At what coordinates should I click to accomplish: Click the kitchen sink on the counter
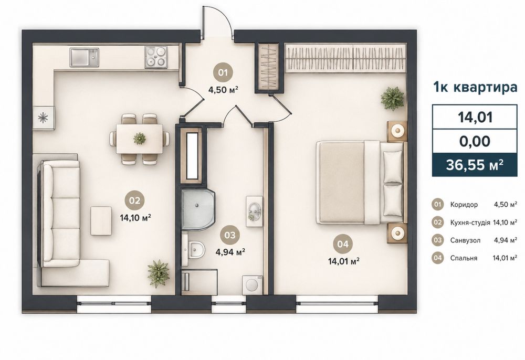[x=85, y=57]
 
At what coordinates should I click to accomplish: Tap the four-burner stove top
[x=156, y=57]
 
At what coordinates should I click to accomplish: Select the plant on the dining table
[x=139, y=138]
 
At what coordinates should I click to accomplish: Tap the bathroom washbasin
[x=255, y=211]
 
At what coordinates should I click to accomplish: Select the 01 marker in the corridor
[x=223, y=72]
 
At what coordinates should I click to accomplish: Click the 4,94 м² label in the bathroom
[x=230, y=252]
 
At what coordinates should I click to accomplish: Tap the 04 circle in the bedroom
[x=343, y=244]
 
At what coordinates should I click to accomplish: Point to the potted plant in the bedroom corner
[x=392, y=98]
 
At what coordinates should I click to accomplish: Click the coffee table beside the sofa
[x=101, y=220]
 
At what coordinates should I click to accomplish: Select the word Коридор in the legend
[x=464, y=205]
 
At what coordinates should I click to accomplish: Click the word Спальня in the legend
[x=464, y=258]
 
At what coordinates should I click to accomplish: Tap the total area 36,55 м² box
[x=475, y=165]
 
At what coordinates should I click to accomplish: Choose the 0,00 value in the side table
[x=475, y=141]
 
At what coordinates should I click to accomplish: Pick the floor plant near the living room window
[x=158, y=273]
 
